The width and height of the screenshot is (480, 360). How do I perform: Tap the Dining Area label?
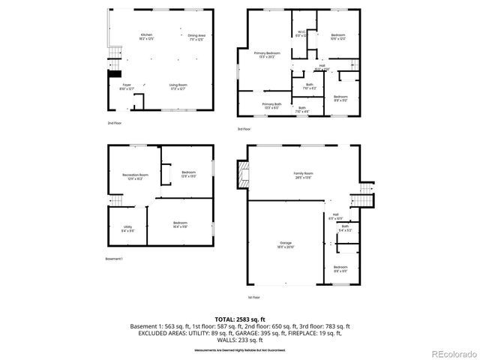pyautogui.click(x=197, y=37)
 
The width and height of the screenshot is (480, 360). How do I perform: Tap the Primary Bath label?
pyautogui.click(x=271, y=105)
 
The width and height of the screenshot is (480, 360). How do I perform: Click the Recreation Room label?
pyautogui.click(x=136, y=177)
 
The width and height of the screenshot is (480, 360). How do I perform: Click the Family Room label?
pyautogui.click(x=303, y=175)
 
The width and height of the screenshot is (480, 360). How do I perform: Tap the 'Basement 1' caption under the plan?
pyautogui.click(x=114, y=259)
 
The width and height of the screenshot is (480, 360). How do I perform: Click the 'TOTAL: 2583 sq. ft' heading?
pyautogui.click(x=240, y=319)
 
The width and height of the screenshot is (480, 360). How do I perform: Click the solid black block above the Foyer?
pyautogui.click(x=114, y=73)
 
